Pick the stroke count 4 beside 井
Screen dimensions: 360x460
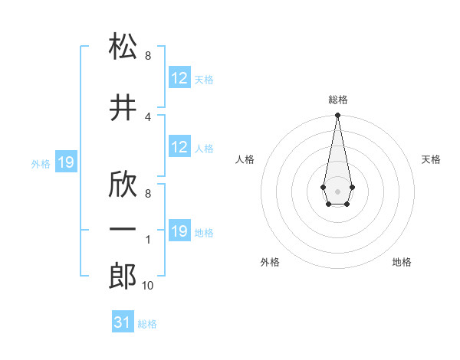tap(147, 116)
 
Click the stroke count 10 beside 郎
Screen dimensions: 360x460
tap(147, 286)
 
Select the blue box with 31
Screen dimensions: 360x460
tap(123, 322)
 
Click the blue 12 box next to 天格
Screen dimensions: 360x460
tap(179, 78)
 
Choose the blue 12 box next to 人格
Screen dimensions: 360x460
tap(179, 147)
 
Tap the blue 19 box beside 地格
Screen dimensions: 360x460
tap(179, 231)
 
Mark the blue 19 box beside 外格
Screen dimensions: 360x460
tap(65, 162)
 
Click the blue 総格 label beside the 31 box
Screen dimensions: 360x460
tap(147, 324)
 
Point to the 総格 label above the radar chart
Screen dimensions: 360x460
tap(337, 100)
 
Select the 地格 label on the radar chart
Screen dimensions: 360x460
tap(402, 262)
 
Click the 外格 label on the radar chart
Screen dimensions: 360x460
tap(270, 262)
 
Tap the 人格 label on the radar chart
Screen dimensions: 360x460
tap(245, 159)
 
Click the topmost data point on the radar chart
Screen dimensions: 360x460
tap(337, 116)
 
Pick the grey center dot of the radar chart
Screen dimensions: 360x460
tap(337, 190)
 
